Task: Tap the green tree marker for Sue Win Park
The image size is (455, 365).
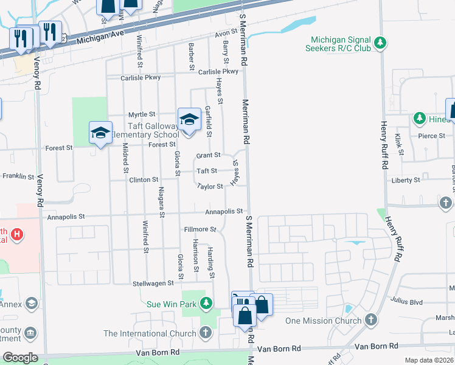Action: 207,302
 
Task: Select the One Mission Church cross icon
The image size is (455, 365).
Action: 370,320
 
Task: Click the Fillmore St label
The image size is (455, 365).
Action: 200,229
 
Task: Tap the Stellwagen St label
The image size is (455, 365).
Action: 154,283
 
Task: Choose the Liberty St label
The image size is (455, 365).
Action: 406,180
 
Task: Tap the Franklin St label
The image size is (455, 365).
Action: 18,176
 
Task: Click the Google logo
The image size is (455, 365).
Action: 20,357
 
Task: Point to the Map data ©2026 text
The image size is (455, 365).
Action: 428,360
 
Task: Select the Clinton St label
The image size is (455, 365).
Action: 144,180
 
